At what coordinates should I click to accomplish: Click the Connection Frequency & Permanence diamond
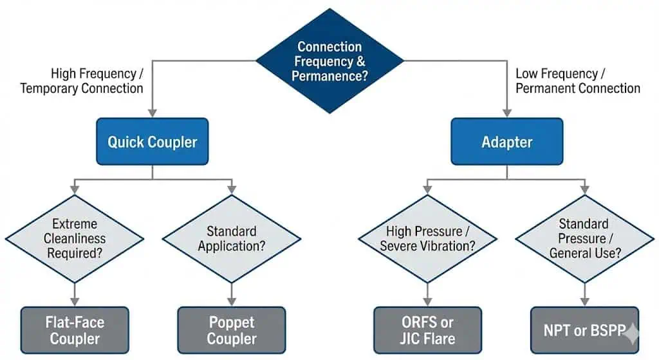(x=329, y=61)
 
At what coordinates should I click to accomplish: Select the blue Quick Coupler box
(x=153, y=142)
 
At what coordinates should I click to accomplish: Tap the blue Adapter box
(x=506, y=142)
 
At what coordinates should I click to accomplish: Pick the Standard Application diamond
(x=232, y=239)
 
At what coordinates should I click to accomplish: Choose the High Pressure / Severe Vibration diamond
(x=427, y=239)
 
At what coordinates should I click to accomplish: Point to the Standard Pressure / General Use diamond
(x=584, y=239)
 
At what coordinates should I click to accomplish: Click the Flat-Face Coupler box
(x=75, y=330)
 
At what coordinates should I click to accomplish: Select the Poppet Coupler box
(x=232, y=330)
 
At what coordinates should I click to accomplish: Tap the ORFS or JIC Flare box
(x=427, y=330)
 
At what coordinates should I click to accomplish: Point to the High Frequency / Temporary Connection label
(x=82, y=81)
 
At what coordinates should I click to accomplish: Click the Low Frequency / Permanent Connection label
(x=578, y=81)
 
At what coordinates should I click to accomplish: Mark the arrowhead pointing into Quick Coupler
(x=153, y=113)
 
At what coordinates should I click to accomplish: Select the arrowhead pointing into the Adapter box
(x=506, y=113)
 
